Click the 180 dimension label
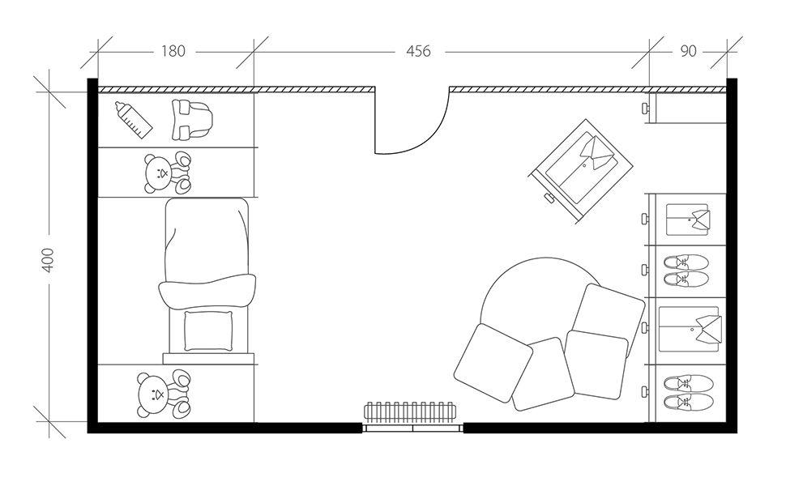[x=173, y=51]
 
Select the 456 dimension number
[x=418, y=51]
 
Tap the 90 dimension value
[x=688, y=51]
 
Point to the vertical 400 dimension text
[x=48, y=260]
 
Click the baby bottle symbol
[x=134, y=120]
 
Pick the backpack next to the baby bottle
[x=191, y=120]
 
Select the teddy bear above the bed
[x=168, y=173]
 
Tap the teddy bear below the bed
[x=164, y=394]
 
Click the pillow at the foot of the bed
[x=208, y=330]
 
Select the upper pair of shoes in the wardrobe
[x=686, y=271]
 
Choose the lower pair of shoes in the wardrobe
[x=688, y=393]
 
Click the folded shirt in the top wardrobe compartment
[x=688, y=219]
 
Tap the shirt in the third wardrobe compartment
[x=690, y=329]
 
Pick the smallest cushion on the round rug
[x=543, y=374]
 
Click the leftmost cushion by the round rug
[x=493, y=362]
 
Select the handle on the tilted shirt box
[x=550, y=198]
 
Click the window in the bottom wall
[x=412, y=428]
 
